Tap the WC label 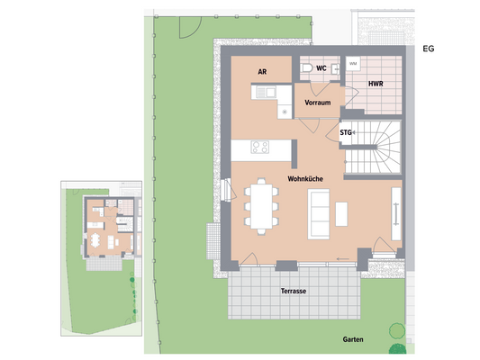pos(321,68)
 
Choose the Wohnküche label pos(306,179)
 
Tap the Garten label pos(353,339)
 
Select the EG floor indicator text pos(428,49)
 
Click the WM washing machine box pos(353,65)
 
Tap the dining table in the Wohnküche pos(260,206)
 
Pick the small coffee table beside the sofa pos(340,213)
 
